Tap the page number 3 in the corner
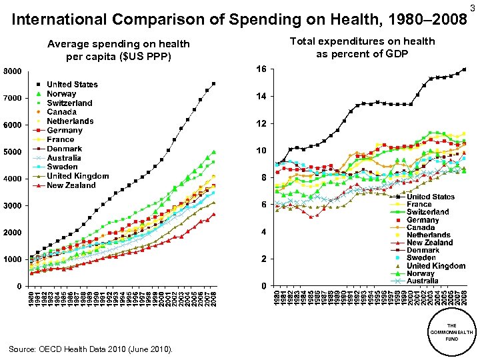click(473, 7)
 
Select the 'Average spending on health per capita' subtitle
click(119, 50)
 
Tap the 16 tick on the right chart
click(261, 69)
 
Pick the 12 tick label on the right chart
click(261, 124)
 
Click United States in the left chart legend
click(71, 85)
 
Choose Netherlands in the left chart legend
click(69, 121)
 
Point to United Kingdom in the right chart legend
click(435, 265)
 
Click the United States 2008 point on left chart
click(213, 83)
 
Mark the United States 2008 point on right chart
click(464, 69)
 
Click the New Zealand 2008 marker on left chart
click(213, 214)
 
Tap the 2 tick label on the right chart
click(263, 259)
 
